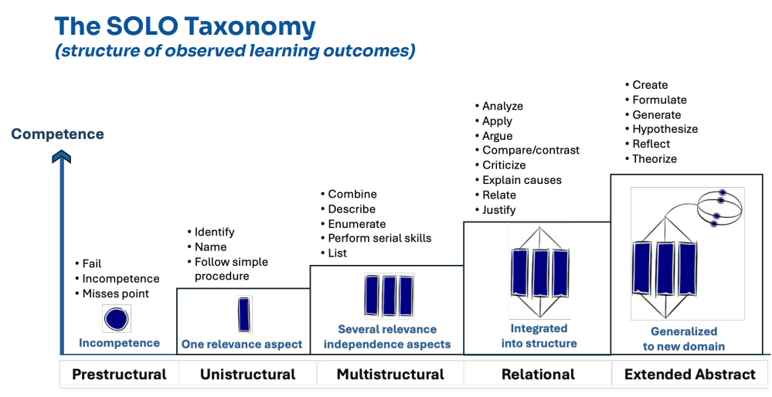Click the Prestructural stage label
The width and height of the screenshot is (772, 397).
pyautogui.click(x=119, y=375)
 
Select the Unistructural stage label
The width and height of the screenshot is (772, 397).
pyautogui.click(x=247, y=375)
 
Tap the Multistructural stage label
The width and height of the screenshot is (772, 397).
pyautogui.click(x=390, y=375)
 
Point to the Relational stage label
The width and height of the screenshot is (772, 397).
pyautogui.click(x=538, y=375)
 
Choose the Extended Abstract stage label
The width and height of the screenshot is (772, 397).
pyautogui.click(x=689, y=375)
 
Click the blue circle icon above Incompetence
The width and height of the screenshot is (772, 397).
pyautogui.click(x=116, y=318)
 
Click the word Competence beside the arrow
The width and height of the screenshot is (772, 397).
pyautogui.click(x=57, y=134)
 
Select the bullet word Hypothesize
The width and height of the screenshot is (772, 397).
pyautogui.click(x=665, y=129)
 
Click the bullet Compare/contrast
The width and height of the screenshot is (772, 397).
pyautogui.click(x=531, y=150)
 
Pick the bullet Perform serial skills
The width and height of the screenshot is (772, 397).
pyautogui.click(x=379, y=238)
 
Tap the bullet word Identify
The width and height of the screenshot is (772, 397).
pyautogui.click(x=214, y=232)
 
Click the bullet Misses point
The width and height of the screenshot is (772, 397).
pyautogui.click(x=115, y=294)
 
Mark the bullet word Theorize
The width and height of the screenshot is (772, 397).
pyautogui.click(x=655, y=158)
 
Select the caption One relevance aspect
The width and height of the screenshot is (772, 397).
pyautogui.click(x=242, y=344)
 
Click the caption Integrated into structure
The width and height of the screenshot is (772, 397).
pyautogui.click(x=539, y=336)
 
